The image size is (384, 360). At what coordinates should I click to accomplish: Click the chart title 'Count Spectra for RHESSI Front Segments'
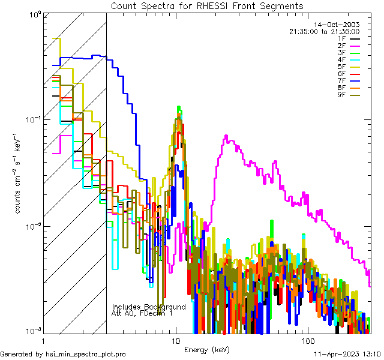[x=207, y=6]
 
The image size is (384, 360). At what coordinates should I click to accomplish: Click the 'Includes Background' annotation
[x=149, y=307]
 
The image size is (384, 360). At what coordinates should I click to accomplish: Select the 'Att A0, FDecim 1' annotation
[x=142, y=313]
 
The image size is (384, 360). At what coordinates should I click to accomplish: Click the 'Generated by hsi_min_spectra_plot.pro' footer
[x=63, y=355]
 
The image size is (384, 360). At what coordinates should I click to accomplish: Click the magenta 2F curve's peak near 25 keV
[x=226, y=137]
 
